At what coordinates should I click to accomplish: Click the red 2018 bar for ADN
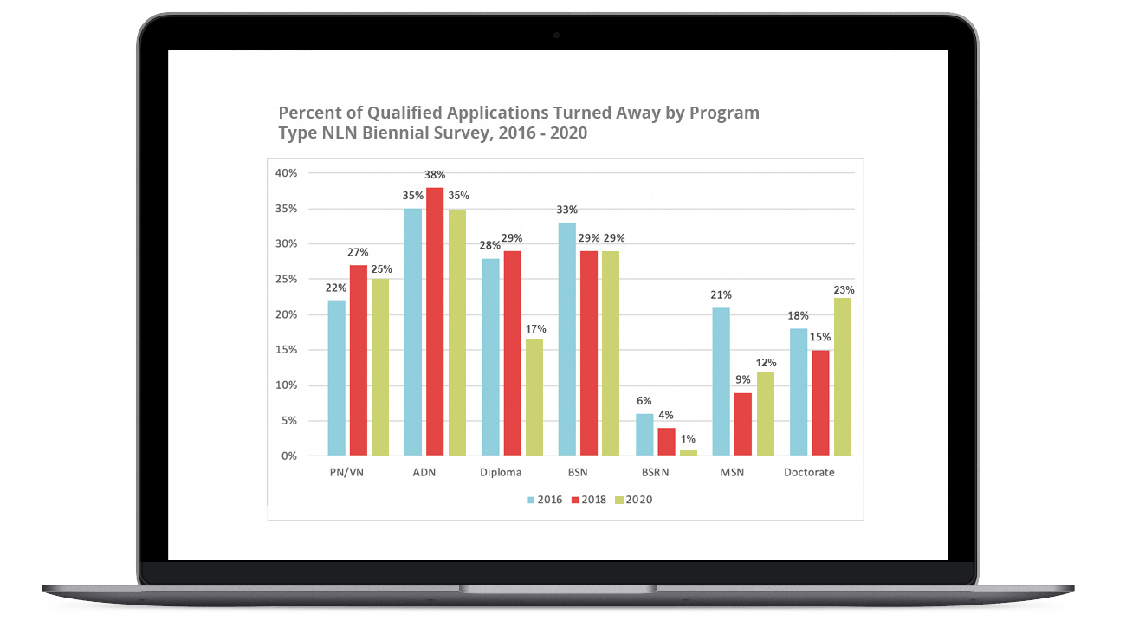pos(434,321)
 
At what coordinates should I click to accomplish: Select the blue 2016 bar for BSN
pos(567,339)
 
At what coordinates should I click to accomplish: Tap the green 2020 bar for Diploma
pos(534,397)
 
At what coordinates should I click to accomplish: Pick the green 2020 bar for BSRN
pos(689,452)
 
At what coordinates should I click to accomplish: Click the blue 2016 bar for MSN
pos(722,381)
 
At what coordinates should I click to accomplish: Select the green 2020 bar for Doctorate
pos(843,377)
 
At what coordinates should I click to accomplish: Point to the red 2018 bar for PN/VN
pos(358,360)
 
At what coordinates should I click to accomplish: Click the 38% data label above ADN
pos(435,174)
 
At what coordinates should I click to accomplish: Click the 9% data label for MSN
pos(742,379)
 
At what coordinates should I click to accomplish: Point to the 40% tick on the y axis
pos(286,173)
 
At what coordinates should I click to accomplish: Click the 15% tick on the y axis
pos(286,350)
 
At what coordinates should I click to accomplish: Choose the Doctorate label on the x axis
pos(809,473)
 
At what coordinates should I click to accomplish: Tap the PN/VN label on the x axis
pos(346,473)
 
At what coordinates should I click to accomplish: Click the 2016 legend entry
pos(544,500)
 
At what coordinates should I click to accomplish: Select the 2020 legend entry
pos(633,500)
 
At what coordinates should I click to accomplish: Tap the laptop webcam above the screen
pos(556,36)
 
